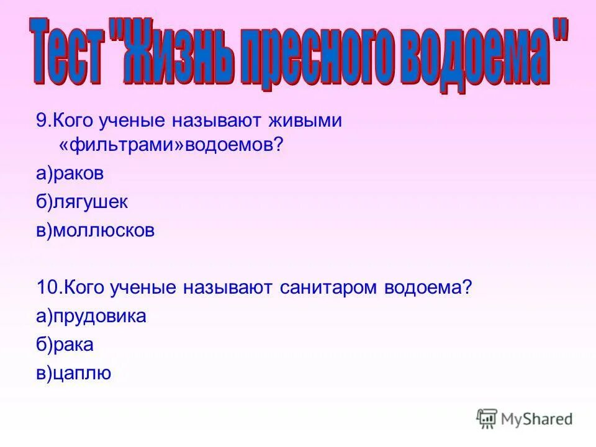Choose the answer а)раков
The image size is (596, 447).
(70, 174)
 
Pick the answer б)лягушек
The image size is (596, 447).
(81, 202)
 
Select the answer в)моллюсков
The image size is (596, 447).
(94, 230)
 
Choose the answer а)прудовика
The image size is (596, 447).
(91, 316)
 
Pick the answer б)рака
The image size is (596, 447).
(65, 345)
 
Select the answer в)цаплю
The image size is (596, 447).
(73, 373)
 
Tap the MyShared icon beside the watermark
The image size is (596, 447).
(487, 419)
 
